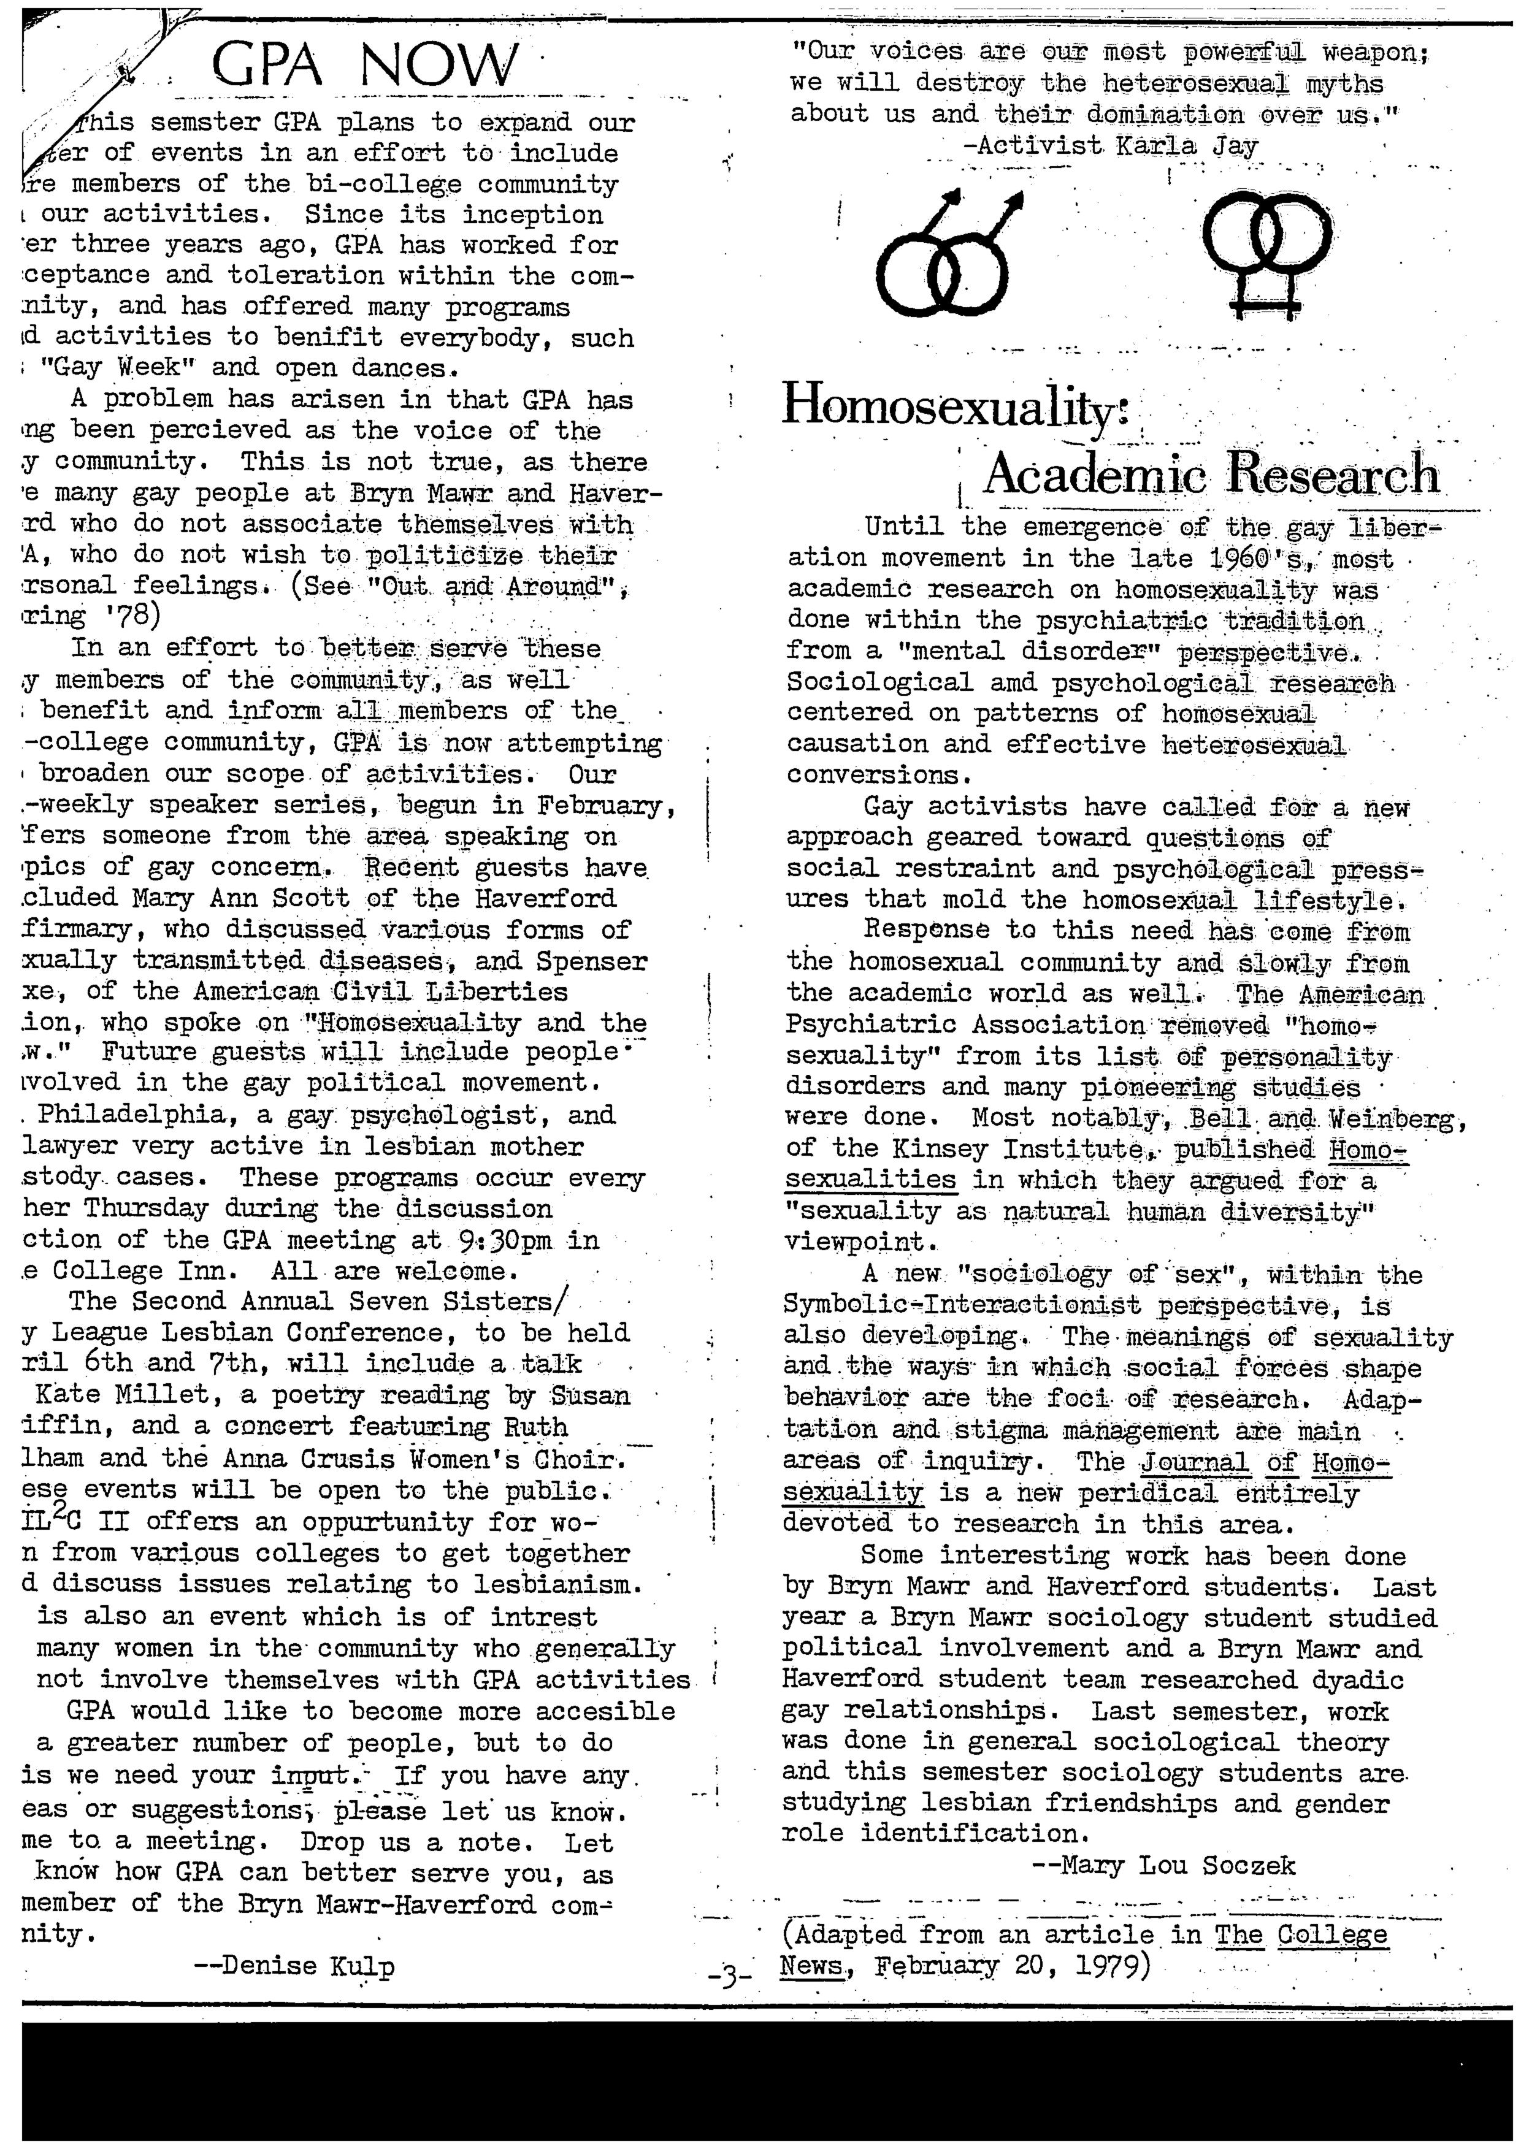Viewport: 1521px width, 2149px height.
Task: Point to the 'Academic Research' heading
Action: [1210, 474]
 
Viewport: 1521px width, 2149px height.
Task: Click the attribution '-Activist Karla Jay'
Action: [1110, 146]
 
